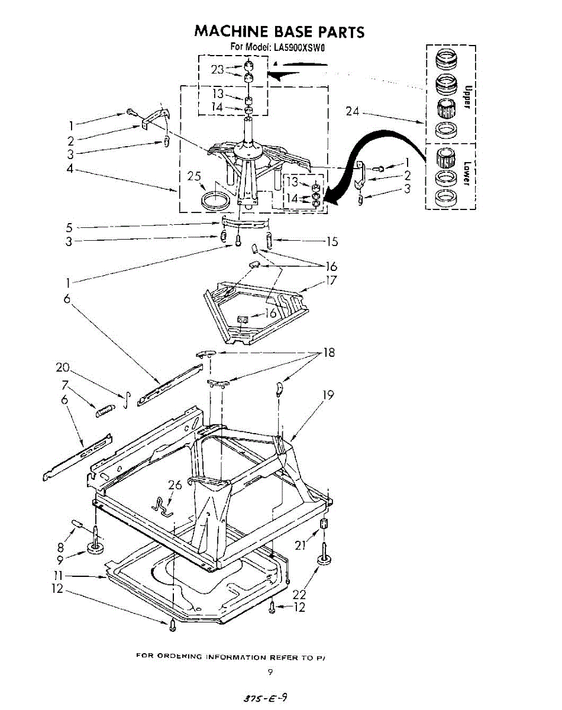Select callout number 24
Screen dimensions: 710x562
coord(353,111)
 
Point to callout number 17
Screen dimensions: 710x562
coord(331,280)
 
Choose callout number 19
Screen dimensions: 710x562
coord(326,395)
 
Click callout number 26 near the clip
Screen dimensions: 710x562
coord(175,485)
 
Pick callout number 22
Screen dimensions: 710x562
coord(300,594)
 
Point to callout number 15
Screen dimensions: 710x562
coord(331,241)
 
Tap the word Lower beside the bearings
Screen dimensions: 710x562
coord(467,173)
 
